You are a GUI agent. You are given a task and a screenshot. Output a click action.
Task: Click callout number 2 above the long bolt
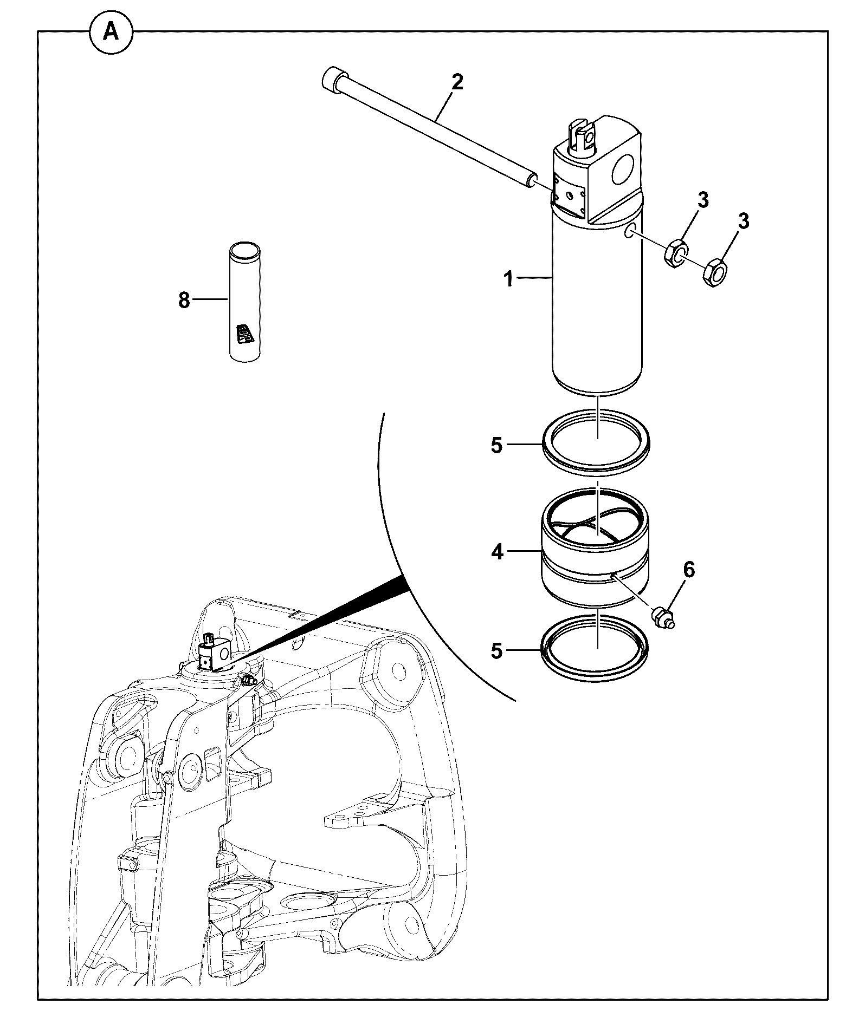tap(457, 82)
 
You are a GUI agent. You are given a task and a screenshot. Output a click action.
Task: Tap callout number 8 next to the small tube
tap(184, 300)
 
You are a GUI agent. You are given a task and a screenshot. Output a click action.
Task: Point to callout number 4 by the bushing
tap(497, 553)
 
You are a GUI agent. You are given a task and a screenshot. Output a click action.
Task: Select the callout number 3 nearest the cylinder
tap(702, 201)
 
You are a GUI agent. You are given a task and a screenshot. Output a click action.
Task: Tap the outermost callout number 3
tap(744, 221)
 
